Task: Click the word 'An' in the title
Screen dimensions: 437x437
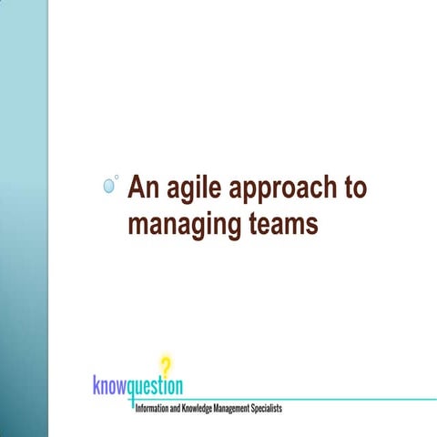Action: [143, 187]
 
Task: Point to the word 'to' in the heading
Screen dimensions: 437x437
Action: [354, 188]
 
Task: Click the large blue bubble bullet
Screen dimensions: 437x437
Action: [109, 186]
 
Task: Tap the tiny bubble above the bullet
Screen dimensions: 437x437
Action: [117, 177]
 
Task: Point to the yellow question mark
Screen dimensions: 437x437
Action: [165, 364]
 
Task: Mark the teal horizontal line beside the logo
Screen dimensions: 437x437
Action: [319, 399]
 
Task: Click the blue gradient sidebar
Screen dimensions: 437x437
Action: [23, 218]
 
